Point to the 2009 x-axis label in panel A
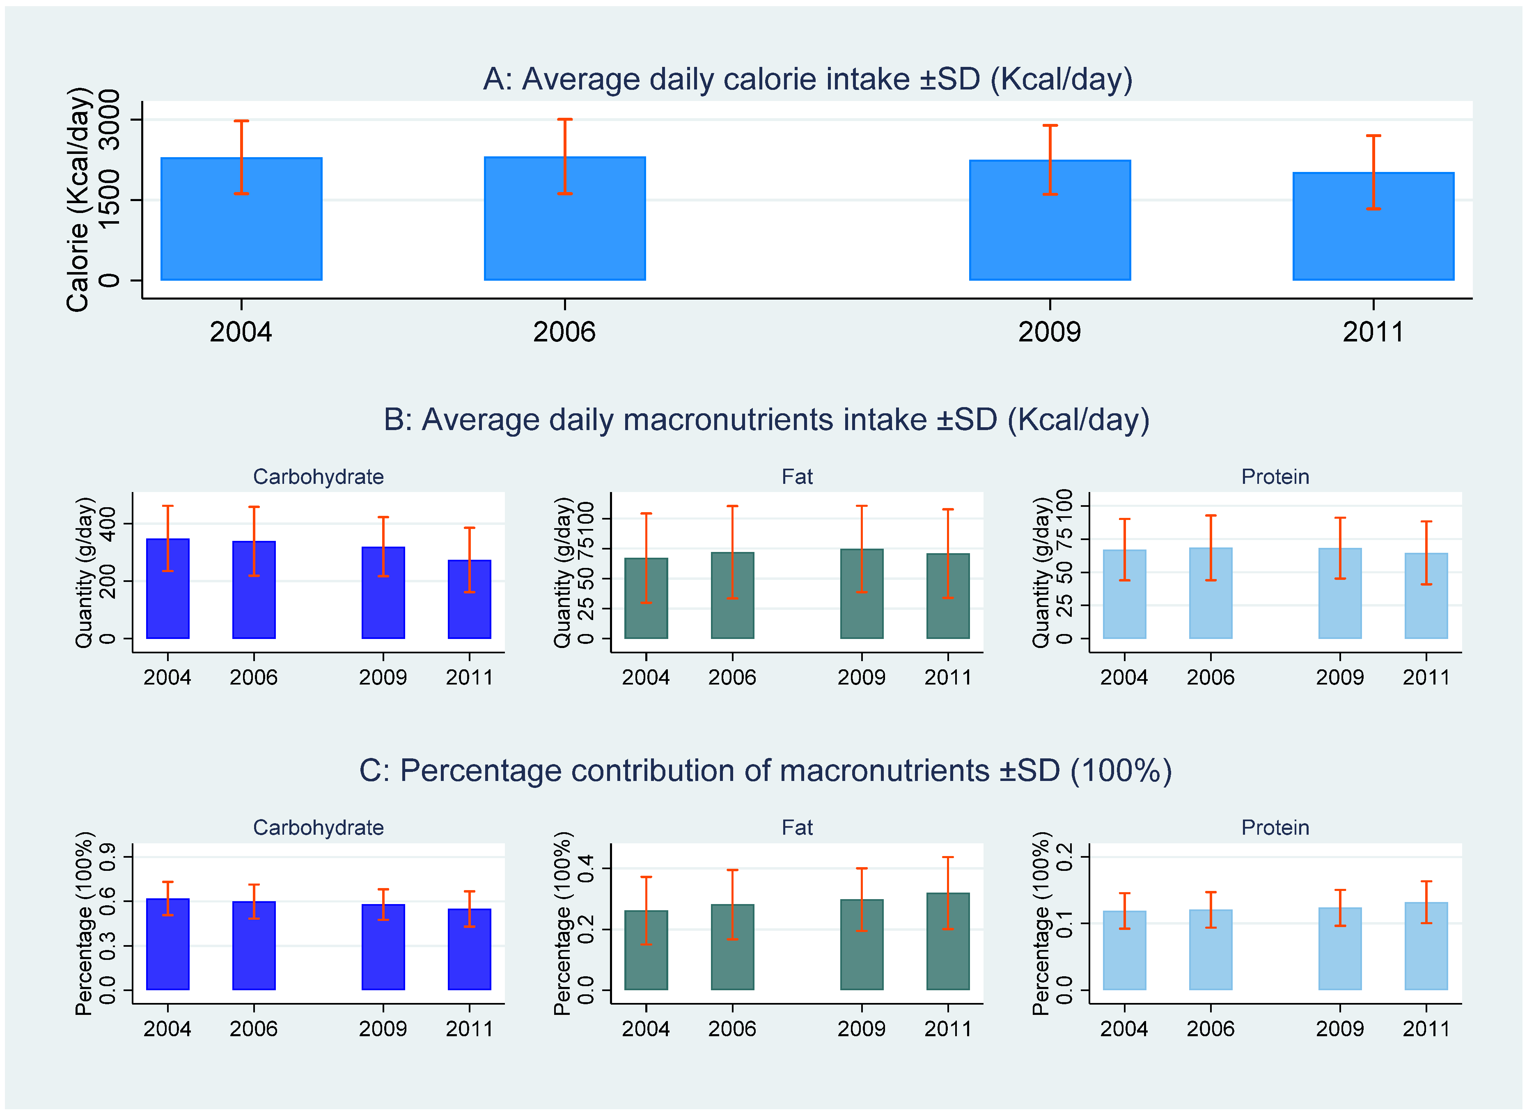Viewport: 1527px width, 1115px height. (x=1049, y=332)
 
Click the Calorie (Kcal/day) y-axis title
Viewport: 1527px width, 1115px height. (x=78, y=200)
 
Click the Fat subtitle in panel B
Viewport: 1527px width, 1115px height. (x=797, y=476)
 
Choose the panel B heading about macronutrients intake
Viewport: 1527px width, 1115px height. (x=766, y=420)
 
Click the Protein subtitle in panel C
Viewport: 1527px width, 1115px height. (x=1275, y=827)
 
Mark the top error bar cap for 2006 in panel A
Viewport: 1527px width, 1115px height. (x=564, y=119)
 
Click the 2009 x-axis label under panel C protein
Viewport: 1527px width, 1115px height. (x=1339, y=1028)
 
